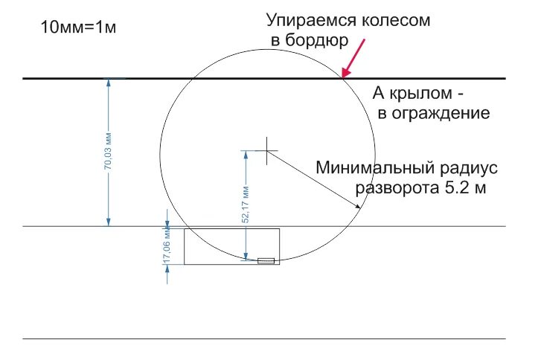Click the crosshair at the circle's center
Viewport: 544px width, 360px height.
click(x=266, y=150)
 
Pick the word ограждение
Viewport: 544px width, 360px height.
click(x=444, y=114)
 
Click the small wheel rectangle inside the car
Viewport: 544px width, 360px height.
click(x=266, y=260)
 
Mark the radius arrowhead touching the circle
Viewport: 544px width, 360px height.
click(x=359, y=210)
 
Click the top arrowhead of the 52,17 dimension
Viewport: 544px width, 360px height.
click(x=245, y=154)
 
